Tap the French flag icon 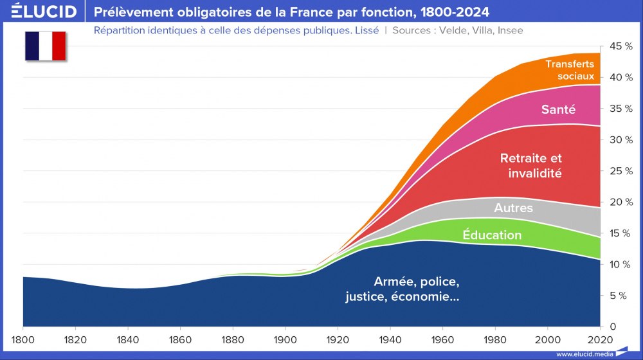46,46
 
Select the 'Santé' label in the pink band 558,110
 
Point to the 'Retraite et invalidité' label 531,165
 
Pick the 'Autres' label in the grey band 513,208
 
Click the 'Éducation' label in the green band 492,235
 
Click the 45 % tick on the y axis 620,46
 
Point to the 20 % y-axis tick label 620,203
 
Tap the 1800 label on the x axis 23,339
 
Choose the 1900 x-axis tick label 285,339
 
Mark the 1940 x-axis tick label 390,339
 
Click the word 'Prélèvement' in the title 132,12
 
